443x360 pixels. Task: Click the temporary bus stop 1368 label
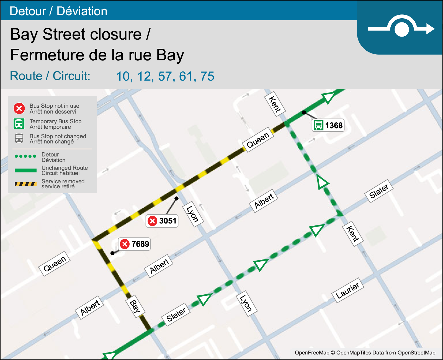click(328, 125)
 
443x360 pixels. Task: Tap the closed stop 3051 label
click(162, 221)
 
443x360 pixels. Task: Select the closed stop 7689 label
click(134, 244)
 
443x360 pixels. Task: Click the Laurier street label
click(347, 290)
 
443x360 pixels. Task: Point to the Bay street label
click(135, 306)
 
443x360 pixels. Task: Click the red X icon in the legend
click(19, 108)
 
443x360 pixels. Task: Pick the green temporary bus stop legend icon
click(19, 124)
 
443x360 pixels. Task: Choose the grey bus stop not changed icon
click(19, 138)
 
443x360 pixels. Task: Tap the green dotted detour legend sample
click(25, 156)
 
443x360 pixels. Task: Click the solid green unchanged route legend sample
click(25, 170)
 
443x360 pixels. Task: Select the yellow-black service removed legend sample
click(25, 184)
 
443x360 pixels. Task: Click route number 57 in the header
click(165, 76)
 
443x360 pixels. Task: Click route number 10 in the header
click(123, 76)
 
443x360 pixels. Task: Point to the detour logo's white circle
click(401, 29)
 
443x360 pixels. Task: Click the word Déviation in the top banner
click(82, 11)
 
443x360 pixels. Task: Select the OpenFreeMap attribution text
click(365, 353)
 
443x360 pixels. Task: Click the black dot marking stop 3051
click(176, 198)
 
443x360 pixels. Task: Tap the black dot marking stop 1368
click(304, 112)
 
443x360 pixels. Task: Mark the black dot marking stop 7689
click(112, 253)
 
